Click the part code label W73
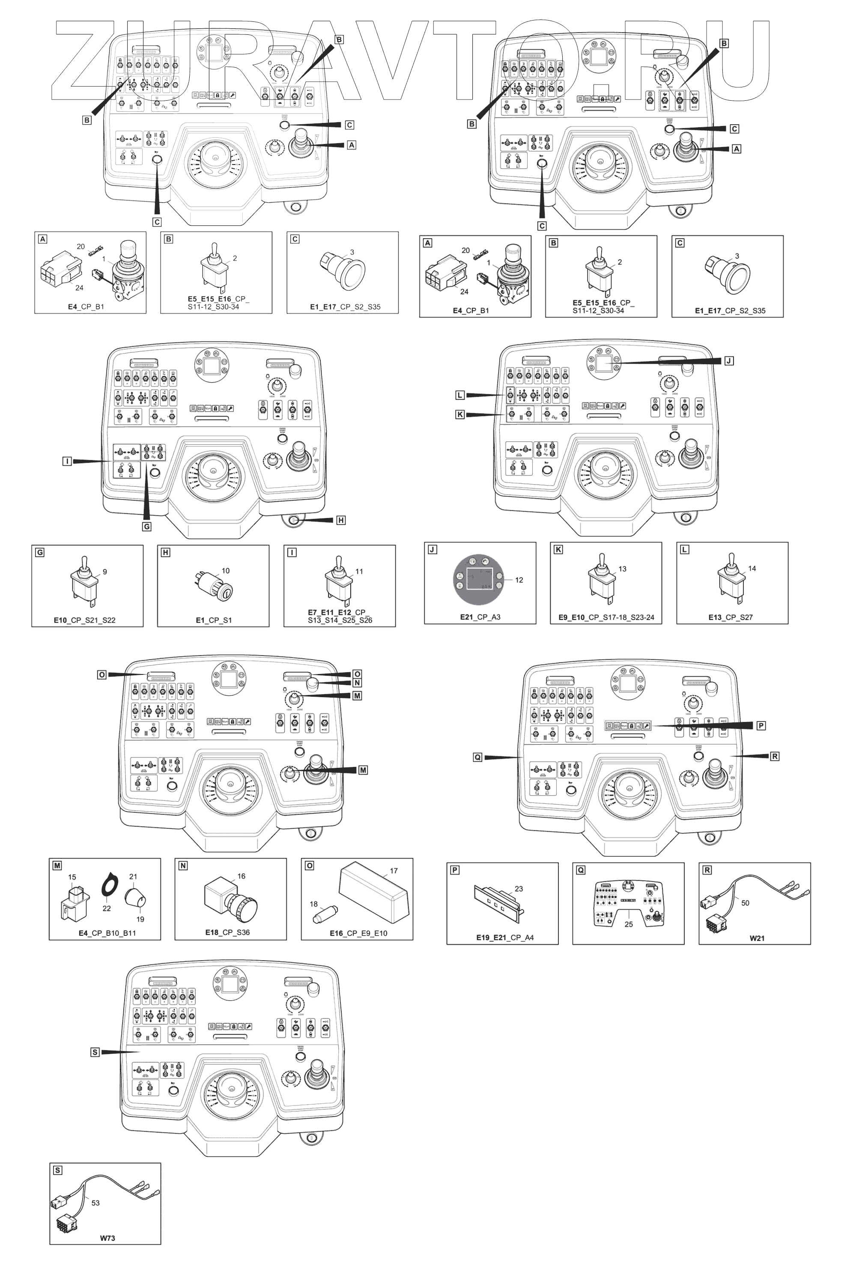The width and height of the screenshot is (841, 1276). point(107,1238)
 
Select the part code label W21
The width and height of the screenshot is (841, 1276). point(757,938)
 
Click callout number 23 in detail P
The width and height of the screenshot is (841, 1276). point(519,889)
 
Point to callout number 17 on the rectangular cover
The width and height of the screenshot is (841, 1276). point(394,870)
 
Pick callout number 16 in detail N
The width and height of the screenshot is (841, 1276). point(242,876)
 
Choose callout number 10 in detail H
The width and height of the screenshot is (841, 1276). point(226,570)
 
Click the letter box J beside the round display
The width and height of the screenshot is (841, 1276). point(729,361)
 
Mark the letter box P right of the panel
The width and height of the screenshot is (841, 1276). point(761,725)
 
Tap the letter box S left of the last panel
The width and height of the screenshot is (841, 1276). point(95,1052)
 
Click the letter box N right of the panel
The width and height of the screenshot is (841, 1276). point(357,683)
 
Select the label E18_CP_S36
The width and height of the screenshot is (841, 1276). point(227,932)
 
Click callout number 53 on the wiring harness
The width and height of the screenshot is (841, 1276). point(95,1202)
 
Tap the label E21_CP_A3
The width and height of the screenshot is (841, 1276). point(480,617)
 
